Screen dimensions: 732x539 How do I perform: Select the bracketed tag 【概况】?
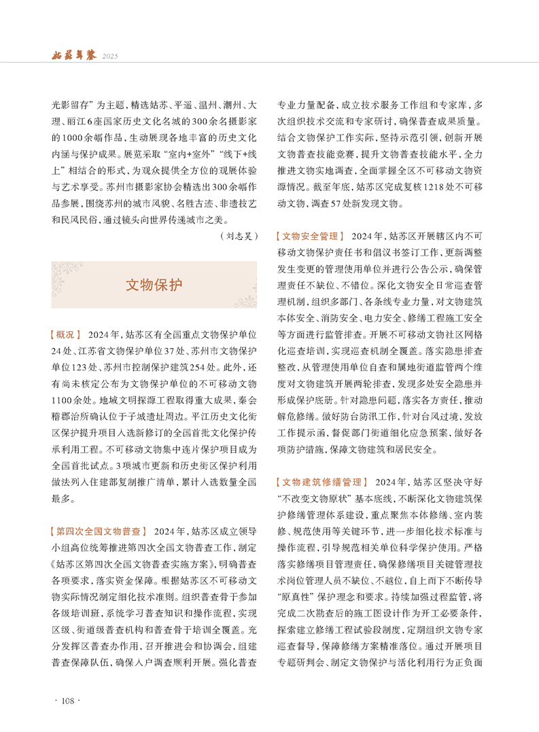click(x=66, y=335)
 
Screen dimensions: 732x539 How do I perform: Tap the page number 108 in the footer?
click(x=67, y=701)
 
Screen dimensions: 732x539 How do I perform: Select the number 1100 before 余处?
click(x=64, y=400)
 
